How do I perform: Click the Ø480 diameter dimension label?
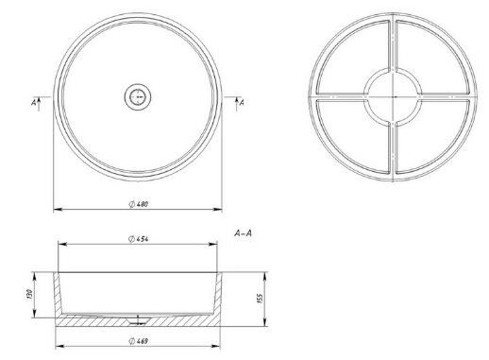pyautogui.click(x=139, y=204)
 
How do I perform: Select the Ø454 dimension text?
pyautogui.click(x=139, y=239)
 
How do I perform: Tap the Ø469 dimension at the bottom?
pyautogui.click(x=139, y=341)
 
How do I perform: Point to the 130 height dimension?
pyautogui.click(x=29, y=295)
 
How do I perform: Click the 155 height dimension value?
pyautogui.click(x=260, y=299)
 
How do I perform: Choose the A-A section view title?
pyautogui.click(x=243, y=233)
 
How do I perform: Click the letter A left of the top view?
pyautogui.click(x=34, y=102)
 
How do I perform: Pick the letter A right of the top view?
pyautogui.click(x=242, y=102)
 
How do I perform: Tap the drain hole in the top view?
pyautogui.click(x=138, y=96)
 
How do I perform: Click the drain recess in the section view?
pyautogui.click(x=138, y=320)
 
